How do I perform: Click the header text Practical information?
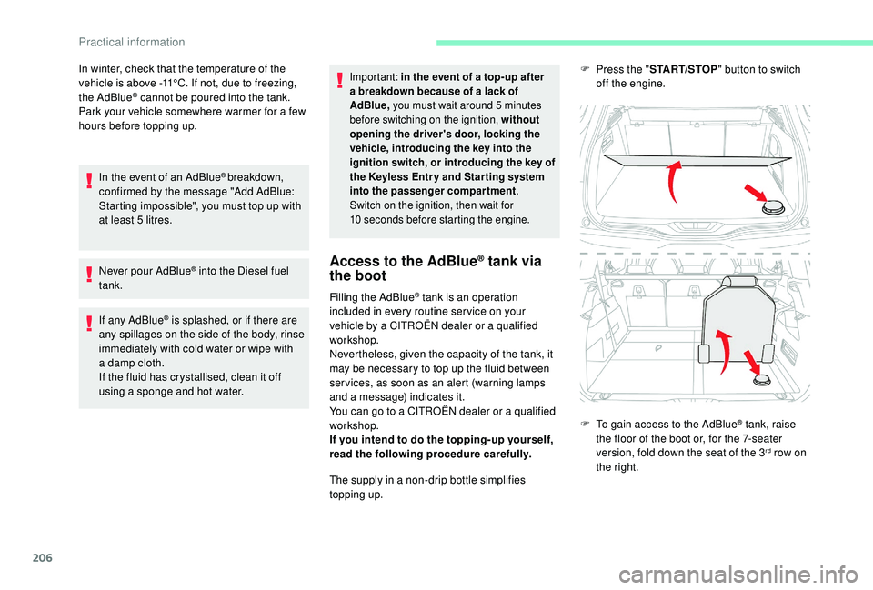click(131, 41)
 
